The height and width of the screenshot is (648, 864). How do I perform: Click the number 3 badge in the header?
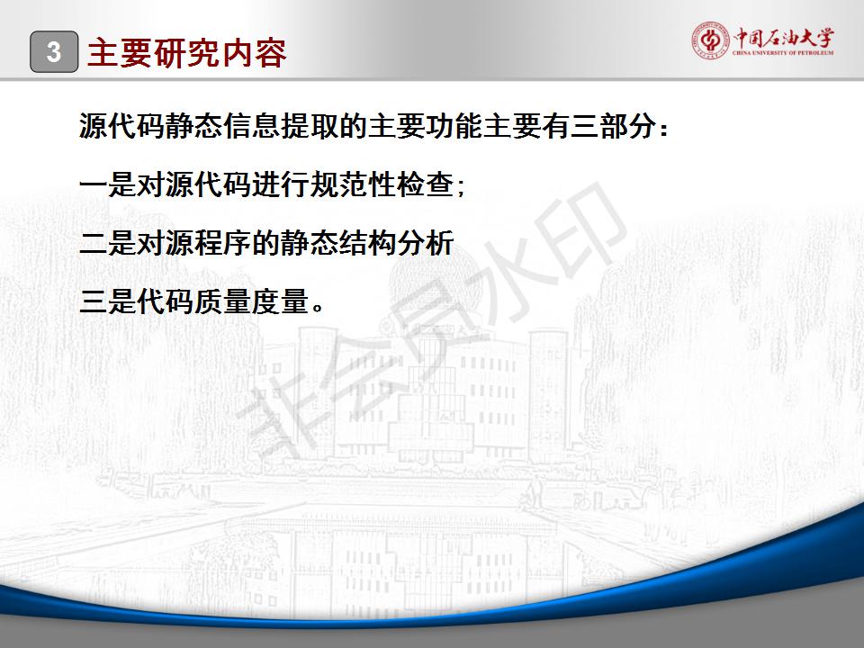54,52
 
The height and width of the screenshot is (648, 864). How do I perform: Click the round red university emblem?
710,40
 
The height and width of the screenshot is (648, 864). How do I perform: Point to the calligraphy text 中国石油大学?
783,38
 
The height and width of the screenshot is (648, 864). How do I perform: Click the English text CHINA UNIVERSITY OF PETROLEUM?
783,53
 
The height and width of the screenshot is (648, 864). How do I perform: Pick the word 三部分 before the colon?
612,126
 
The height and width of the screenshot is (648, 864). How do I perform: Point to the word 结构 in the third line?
367,243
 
